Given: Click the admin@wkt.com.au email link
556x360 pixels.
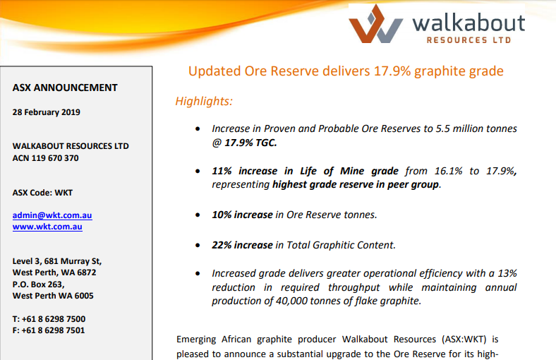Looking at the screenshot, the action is [52, 215].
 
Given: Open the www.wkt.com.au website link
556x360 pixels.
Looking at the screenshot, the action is [47, 227].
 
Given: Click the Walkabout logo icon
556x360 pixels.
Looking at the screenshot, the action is [375, 24].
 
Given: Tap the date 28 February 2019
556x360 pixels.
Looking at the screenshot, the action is [46, 112].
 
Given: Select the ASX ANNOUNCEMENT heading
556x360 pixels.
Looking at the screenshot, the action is [65, 88].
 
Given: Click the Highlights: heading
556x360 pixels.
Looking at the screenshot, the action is [204, 101].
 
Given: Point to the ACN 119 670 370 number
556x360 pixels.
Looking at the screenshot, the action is [45, 158].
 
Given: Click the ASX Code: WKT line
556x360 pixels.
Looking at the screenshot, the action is [42, 193].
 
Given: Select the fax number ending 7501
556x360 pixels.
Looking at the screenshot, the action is [49, 330].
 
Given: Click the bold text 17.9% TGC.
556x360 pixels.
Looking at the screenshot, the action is [250, 143].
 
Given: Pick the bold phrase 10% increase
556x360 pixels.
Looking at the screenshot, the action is [242, 215].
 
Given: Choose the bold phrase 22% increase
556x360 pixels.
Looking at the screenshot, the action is [242, 245].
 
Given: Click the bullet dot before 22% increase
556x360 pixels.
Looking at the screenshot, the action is [198, 246].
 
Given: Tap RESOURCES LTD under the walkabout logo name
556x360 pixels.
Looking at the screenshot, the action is [469, 40].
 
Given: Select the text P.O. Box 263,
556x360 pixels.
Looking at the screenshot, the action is [38, 284].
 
